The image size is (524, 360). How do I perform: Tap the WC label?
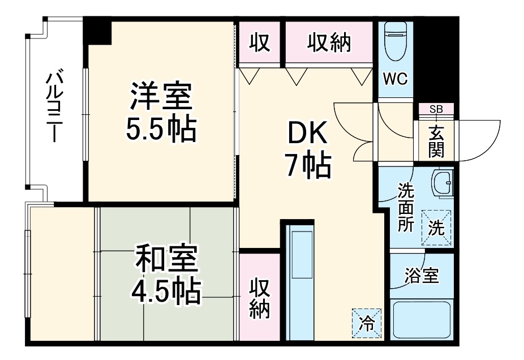[396, 79]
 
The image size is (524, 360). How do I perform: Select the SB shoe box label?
[436, 109]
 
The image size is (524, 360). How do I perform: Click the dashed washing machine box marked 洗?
[437, 228]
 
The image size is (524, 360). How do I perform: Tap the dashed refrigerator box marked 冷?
[367, 323]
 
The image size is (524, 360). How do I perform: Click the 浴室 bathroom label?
[422, 277]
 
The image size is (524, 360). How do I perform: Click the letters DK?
[308, 134]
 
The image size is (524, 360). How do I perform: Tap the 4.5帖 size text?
[165, 291]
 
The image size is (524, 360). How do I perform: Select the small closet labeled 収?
[259, 42]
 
